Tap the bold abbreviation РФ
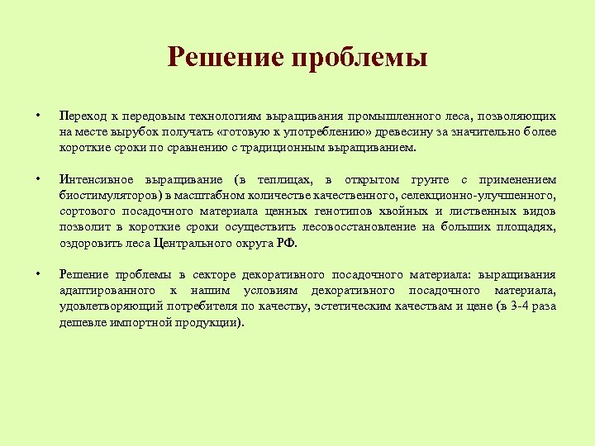[284, 242]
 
